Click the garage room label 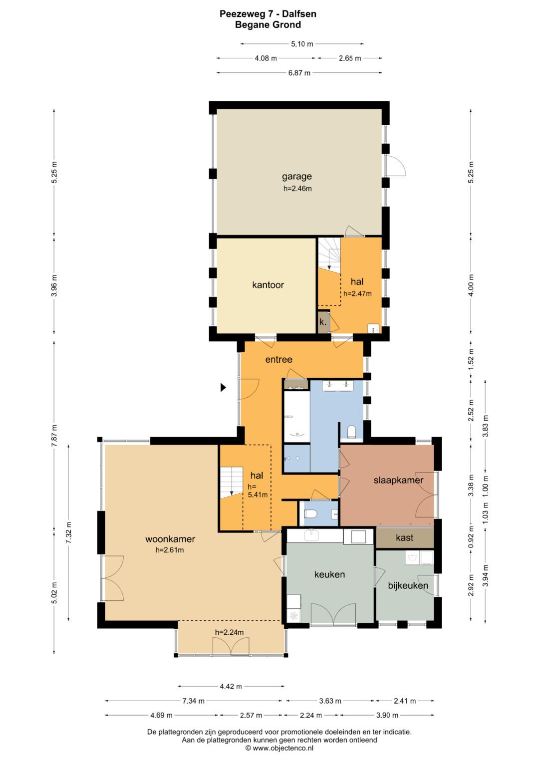(x=297, y=177)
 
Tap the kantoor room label (x=268, y=285)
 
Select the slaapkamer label (x=398, y=481)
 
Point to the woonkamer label (x=170, y=539)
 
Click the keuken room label (x=329, y=574)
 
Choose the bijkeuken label (x=408, y=586)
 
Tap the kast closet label (x=404, y=537)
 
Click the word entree (x=278, y=360)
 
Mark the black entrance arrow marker (x=223, y=387)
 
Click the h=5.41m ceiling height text (x=257, y=491)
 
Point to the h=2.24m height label (x=230, y=632)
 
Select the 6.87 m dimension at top (x=299, y=73)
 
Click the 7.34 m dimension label (x=193, y=701)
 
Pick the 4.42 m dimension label (x=231, y=687)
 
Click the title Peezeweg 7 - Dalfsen (x=268, y=14)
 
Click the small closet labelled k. (x=322, y=322)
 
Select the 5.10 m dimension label (x=302, y=44)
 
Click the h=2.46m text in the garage (x=297, y=189)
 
